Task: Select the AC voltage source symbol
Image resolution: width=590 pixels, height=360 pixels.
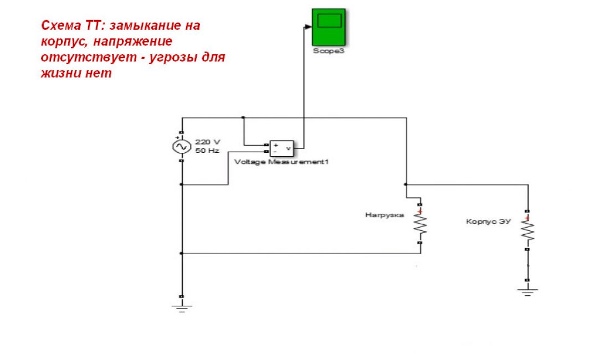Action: (182, 147)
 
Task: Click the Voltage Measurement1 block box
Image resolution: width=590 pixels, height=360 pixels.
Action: (281, 148)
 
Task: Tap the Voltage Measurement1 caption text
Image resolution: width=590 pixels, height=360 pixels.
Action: (278, 162)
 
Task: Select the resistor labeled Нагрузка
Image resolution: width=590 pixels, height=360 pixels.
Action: (420, 226)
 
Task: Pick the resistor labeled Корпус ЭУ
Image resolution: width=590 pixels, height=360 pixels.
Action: (528, 230)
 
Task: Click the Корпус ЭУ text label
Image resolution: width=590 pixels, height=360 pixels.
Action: (488, 221)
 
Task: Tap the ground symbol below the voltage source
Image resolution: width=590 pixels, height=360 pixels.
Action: (182, 306)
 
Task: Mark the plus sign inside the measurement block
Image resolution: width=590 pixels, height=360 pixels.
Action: (276, 145)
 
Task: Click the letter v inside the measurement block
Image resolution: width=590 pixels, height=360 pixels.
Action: (288, 148)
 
